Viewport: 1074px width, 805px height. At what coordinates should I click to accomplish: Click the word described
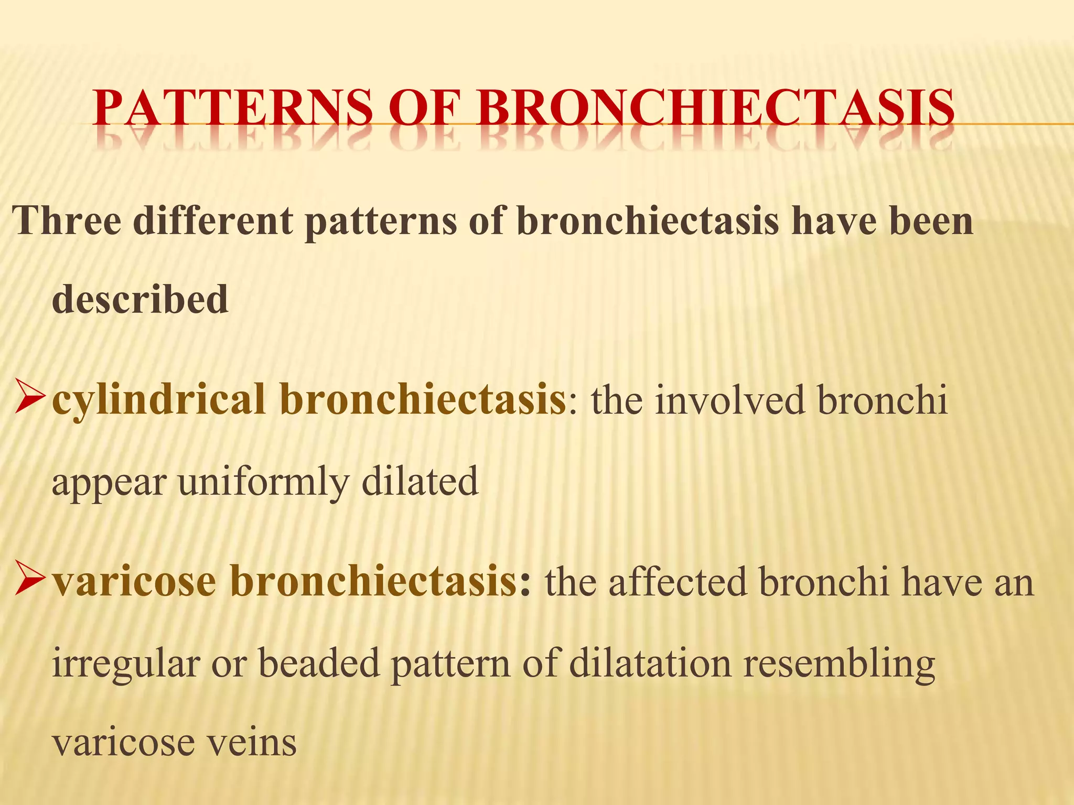point(140,299)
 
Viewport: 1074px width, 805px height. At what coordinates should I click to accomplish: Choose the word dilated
point(420,481)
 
